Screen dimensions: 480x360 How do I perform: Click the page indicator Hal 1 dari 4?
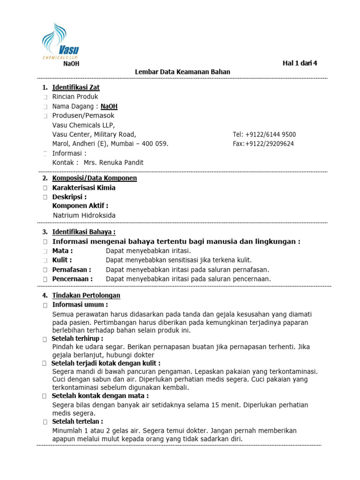(300, 63)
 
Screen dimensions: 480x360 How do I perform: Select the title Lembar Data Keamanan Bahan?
(183, 72)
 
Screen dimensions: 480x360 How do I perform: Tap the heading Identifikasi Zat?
(75, 87)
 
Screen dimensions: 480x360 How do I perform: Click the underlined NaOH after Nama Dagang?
(109, 106)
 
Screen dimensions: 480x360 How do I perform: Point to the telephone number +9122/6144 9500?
(271, 135)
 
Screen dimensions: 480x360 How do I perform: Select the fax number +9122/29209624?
(270, 144)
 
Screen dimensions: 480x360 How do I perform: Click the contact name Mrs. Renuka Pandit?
(113, 163)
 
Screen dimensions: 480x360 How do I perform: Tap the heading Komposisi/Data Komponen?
(94, 178)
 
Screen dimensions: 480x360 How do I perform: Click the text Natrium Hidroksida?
(84, 215)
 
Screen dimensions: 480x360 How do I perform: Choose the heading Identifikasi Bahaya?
(83, 232)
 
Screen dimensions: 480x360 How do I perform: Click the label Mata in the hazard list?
(62, 251)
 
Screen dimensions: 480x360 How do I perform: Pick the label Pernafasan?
(72, 270)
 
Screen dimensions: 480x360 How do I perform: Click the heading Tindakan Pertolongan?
(86, 295)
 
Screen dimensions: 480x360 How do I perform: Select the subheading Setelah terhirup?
(77, 338)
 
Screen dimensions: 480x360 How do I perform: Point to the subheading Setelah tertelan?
(77, 421)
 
